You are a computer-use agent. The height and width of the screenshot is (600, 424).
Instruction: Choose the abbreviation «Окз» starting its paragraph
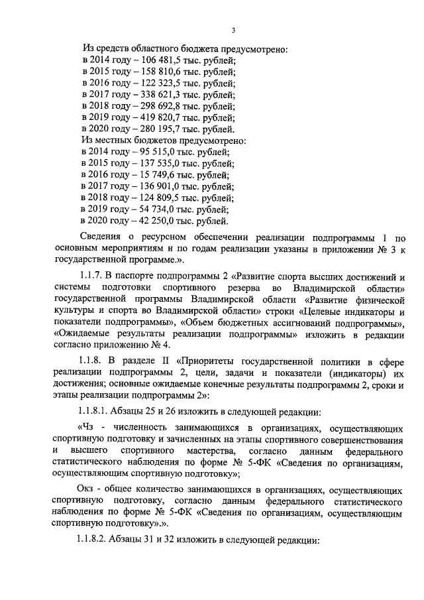[x=87, y=489]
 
